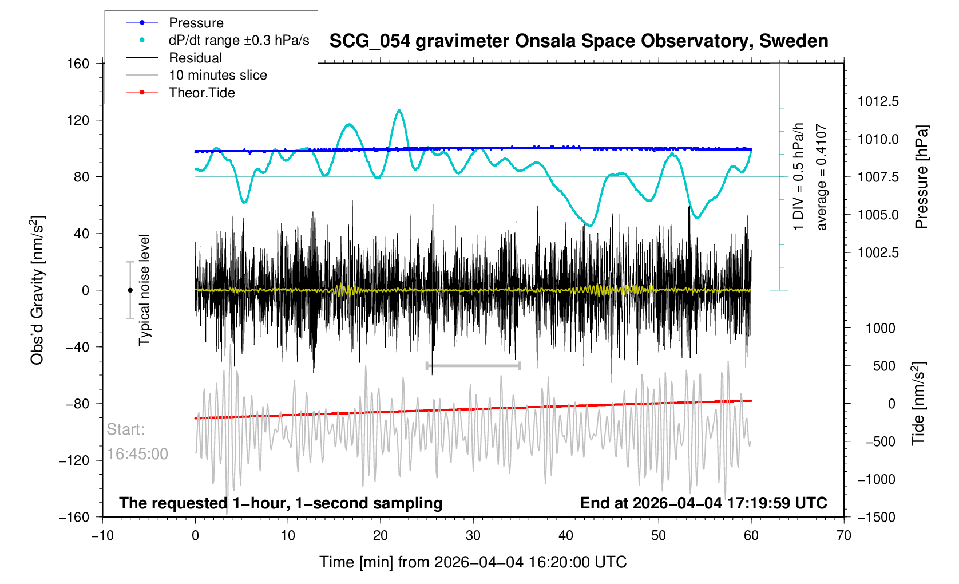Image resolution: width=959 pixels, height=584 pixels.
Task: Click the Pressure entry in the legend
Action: [196, 23]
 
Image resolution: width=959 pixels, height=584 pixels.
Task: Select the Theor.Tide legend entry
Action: [201, 93]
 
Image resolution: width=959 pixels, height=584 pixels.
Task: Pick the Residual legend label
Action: [195, 58]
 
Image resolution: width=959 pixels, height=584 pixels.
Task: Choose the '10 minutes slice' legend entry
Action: [217, 75]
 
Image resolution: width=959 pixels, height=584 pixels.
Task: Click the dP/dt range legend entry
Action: [239, 40]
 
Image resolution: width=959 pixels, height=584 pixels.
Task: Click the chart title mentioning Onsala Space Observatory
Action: [578, 41]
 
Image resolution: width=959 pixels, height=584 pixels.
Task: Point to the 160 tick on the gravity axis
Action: [78, 64]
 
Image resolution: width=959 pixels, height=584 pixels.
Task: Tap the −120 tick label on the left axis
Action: [74, 460]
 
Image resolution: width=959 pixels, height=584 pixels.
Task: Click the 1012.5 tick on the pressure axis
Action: [878, 102]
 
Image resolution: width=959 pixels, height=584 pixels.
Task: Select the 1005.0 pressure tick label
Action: [878, 215]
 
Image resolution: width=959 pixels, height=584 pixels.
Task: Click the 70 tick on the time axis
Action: [843, 536]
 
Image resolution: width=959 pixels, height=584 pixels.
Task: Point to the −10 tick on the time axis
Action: [102, 536]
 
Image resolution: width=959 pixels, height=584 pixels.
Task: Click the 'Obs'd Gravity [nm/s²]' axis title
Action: [38, 290]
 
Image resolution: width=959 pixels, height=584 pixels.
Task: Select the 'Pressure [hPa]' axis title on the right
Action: [921, 177]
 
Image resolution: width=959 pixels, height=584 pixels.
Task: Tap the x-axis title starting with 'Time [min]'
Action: [473, 562]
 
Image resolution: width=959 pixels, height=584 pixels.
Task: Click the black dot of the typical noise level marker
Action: [130, 290]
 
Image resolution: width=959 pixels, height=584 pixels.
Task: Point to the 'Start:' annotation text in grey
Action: [125, 429]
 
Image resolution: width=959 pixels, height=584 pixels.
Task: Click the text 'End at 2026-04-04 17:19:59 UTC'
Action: [703, 503]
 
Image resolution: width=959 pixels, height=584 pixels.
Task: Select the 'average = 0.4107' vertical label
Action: [822, 177]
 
